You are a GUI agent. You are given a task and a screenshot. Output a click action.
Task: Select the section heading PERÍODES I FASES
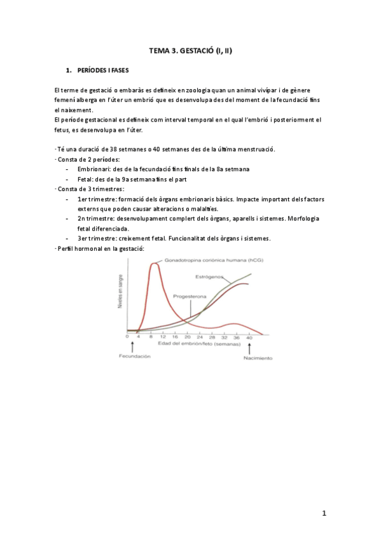[x=102, y=69]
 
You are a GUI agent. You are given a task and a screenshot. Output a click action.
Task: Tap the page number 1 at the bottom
[x=324, y=513]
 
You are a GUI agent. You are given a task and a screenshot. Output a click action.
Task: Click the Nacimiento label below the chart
[x=258, y=358]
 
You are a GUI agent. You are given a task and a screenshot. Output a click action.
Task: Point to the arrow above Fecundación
[x=132, y=346]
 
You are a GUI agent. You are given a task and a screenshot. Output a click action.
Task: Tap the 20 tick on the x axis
[x=188, y=337]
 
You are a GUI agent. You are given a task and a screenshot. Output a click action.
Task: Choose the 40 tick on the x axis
[x=249, y=337]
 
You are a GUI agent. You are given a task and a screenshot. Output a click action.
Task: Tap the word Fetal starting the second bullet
[x=85, y=179]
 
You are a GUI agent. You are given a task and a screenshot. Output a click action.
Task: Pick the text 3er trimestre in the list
[x=95, y=239]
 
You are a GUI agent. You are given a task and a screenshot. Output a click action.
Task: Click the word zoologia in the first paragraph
[x=193, y=90]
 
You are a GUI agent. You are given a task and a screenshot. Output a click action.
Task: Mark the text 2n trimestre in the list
[x=95, y=219]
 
